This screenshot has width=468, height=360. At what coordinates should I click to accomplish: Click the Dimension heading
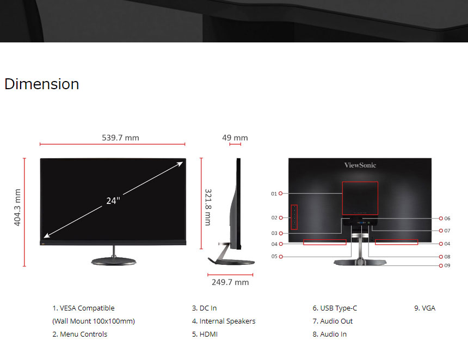[42, 84]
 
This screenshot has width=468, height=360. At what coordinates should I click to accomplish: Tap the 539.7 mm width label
[121, 138]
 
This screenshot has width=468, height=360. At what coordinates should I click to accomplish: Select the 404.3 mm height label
[17, 207]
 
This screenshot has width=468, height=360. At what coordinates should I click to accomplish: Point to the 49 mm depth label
[235, 138]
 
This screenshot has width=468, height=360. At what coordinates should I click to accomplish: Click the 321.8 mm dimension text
[208, 207]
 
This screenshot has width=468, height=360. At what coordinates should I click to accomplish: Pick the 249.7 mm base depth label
[230, 282]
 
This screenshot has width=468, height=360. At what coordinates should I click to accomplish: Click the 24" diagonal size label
[113, 201]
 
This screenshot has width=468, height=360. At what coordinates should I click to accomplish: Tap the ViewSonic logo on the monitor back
[360, 165]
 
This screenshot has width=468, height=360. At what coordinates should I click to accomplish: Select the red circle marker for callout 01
[281, 194]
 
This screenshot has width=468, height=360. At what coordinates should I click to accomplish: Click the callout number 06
[447, 218]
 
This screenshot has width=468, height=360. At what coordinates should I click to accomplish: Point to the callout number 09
[447, 265]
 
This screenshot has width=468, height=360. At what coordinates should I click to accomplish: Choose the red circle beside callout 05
[281, 257]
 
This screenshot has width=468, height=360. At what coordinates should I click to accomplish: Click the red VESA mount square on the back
[342, 198]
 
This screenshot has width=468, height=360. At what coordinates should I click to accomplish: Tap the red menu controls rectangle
[291, 217]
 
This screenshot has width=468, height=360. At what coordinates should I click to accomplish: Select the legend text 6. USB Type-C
[335, 308]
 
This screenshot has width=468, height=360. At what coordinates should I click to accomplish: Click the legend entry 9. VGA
[424, 308]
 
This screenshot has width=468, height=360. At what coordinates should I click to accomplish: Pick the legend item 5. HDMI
[205, 334]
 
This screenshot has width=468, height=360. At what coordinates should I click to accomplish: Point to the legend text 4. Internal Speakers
[224, 321]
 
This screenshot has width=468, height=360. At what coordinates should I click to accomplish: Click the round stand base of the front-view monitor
[114, 262]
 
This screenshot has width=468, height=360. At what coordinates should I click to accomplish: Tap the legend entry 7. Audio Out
[332, 321]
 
